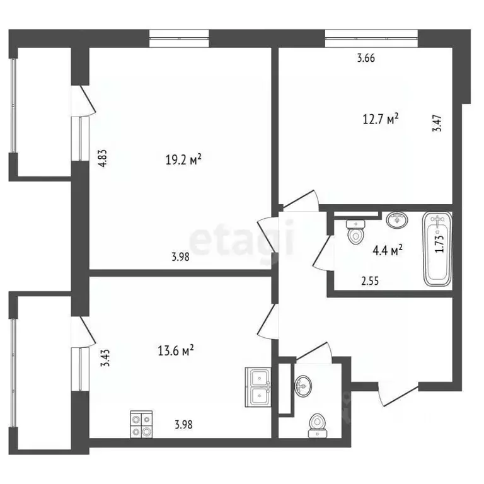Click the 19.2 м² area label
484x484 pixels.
pos(183,160)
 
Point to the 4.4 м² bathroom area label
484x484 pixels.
pos(388,250)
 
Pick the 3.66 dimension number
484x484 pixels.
pos(366,59)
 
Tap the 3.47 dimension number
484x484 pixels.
pos(436,121)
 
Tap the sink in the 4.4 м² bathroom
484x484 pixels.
pos(397,220)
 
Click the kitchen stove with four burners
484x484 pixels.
pos(141,424)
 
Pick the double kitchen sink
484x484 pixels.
pos(258,386)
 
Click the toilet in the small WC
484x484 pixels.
pos(316,425)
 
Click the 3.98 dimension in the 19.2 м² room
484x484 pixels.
pos(180,256)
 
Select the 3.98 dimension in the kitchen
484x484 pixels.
pos(183,424)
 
